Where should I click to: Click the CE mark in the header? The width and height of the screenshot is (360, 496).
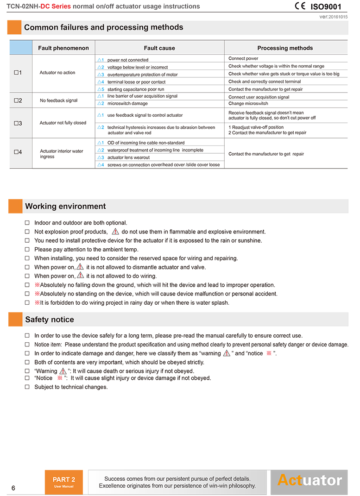[300, 6]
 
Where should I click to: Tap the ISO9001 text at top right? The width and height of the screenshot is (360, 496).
[325, 6]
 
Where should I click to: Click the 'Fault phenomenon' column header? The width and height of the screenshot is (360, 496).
[63, 48]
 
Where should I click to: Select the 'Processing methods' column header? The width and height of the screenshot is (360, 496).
[285, 48]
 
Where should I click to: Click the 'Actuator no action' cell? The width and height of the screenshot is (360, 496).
[57, 73]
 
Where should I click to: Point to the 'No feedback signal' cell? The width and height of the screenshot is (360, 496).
[59, 100]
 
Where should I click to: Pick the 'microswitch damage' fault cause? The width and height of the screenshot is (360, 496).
[127, 103]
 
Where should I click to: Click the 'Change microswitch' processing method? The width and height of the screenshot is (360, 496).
[248, 104]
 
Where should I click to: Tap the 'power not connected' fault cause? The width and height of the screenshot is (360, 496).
[128, 60]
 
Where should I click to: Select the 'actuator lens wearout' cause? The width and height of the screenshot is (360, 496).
[128, 157]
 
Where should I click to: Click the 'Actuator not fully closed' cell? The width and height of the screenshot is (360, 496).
[63, 123]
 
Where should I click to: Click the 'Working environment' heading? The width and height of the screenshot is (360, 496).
[65, 207]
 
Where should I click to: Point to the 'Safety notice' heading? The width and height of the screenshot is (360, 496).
[50, 320]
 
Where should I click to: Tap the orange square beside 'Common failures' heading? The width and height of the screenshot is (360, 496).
[14, 27]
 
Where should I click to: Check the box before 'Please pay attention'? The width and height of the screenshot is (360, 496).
[27, 250]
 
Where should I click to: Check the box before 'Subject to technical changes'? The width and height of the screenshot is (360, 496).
[27, 387]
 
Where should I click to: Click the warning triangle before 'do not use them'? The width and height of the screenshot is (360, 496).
[115, 232]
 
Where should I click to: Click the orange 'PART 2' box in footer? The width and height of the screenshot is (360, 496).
[64, 482]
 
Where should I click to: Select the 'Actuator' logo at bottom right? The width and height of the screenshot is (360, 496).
[309, 481]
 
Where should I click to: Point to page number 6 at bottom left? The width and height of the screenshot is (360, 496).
[13, 488]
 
